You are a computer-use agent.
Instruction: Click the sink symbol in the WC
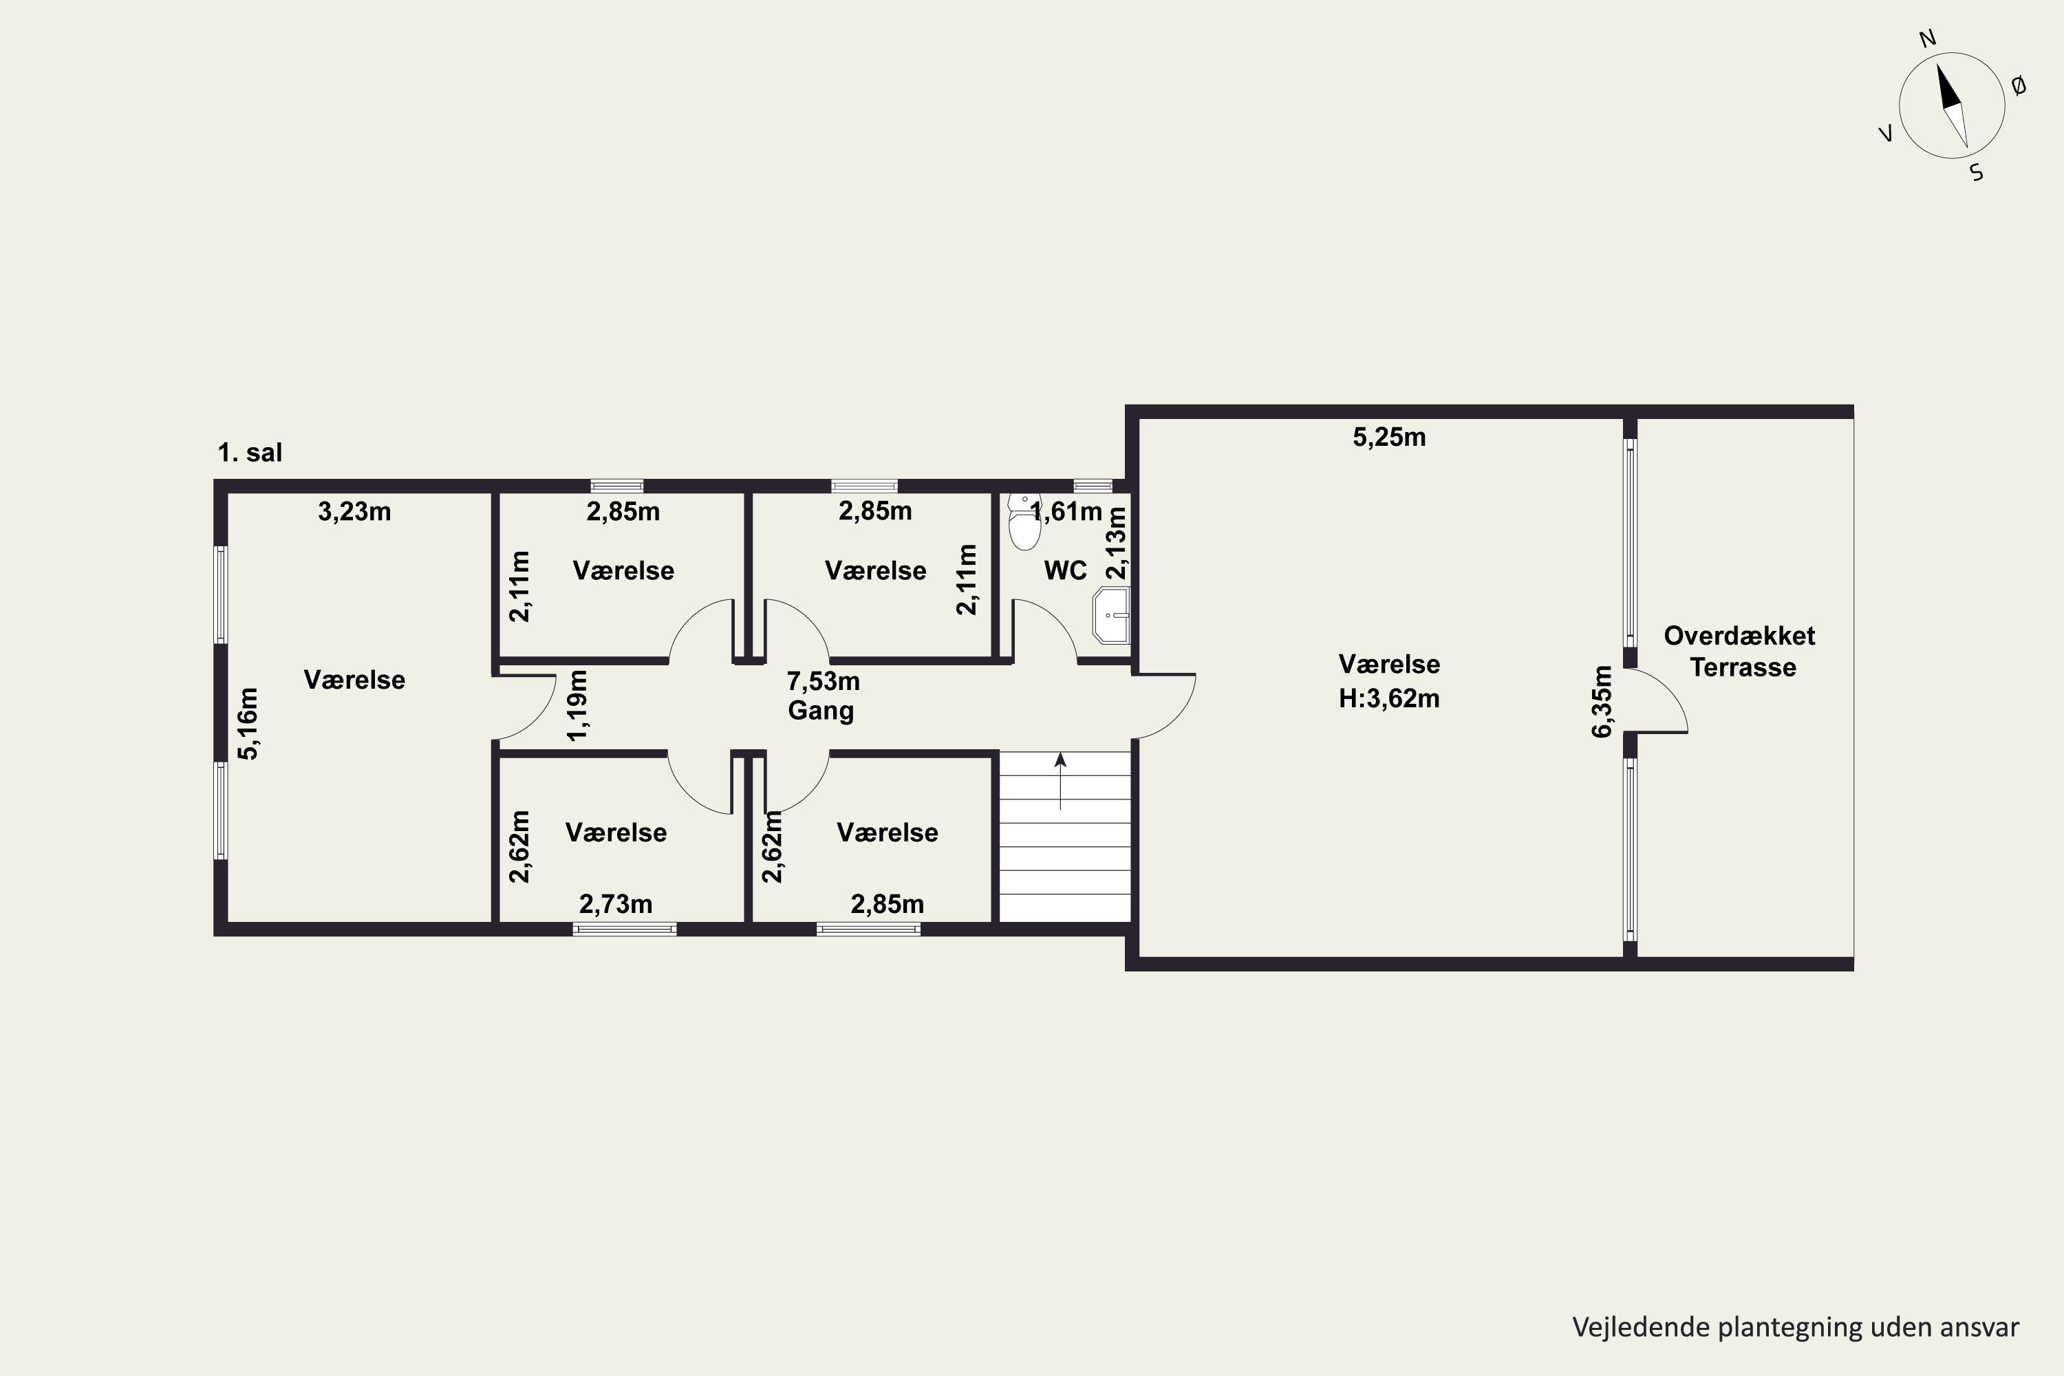[x=1112, y=616]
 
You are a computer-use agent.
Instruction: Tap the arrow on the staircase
[x=1060, y=780]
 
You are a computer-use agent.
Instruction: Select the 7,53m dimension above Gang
[x=823, y=681]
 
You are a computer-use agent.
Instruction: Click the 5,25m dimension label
[x=1389, y=437]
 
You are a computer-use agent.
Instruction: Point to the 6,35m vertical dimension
[x=1602, y=701]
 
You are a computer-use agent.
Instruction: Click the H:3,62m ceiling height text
[x=1389, y=698]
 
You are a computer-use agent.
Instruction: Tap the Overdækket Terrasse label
[x=1740, y=651]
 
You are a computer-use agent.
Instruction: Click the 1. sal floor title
[x=250, y=453]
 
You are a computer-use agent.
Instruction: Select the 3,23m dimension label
[x=354, y=512]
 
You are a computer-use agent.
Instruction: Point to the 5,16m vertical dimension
[x=249, y=724]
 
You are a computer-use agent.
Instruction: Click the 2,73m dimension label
[x=616, y=904]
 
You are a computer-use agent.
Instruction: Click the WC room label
[x=1065, y=570]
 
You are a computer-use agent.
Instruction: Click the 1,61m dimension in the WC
[x=1067, y=512]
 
